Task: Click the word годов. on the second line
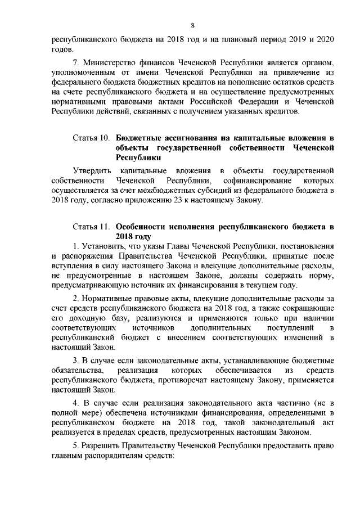62,50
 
